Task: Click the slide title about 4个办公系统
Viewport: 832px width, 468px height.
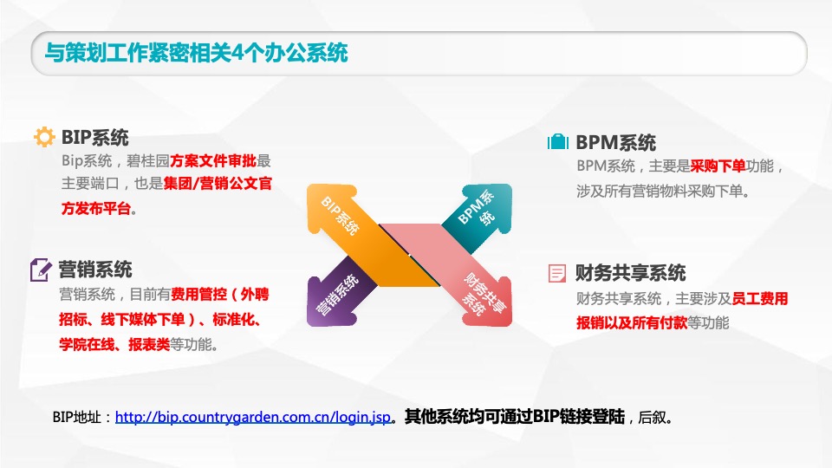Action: tap(196, 53)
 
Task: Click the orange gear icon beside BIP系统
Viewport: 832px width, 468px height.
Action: tap(43, 137)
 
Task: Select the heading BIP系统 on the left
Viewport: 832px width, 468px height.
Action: tap(95, 137)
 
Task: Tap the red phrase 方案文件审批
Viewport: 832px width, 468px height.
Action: tap(212, 160)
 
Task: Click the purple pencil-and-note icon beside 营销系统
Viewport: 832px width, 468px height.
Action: tap(42, 270)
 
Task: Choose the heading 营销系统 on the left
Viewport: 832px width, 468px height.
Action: tap(95, 270)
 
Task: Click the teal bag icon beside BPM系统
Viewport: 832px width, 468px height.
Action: tap(558, 142)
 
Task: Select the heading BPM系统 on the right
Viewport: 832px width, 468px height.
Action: tap(616, 142)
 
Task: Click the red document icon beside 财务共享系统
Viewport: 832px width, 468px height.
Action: tap(557, 274)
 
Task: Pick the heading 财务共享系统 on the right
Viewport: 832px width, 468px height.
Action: tap(631, 274)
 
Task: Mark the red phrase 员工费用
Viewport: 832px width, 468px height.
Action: tap(760, 299)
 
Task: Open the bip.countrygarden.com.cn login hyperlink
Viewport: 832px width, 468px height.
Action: tap(252, 417)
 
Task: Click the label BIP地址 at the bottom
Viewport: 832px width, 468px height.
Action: tap(81, 417)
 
